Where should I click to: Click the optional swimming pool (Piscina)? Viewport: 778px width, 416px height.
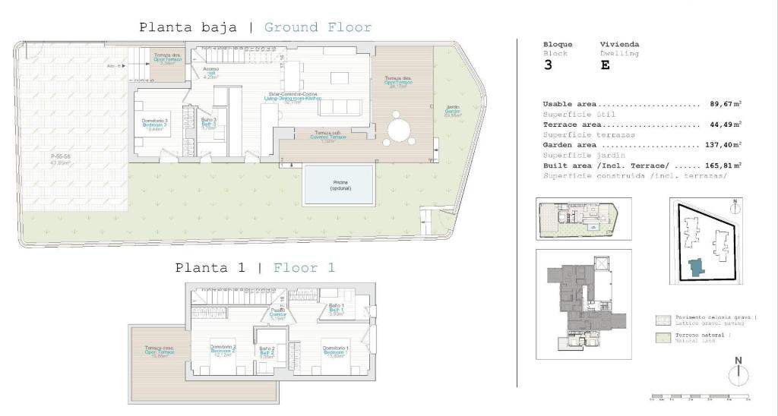[x=339, y=185]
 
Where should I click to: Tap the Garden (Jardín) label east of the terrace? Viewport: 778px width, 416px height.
[x=453, y=112]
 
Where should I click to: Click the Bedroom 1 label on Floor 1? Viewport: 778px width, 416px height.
[x=336, y=351]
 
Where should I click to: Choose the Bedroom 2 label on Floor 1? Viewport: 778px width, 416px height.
[x=223, y=351]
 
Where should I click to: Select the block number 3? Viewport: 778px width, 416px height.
[x=548, y=65]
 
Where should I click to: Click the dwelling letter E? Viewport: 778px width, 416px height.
[x=604, y=65]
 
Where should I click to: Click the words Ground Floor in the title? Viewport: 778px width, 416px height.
[x=318, y=28]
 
